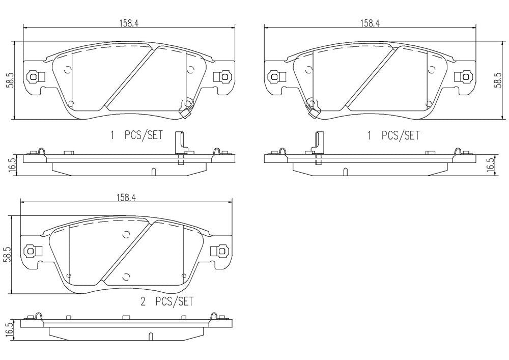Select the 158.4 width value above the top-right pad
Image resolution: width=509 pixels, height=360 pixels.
coord(370,22)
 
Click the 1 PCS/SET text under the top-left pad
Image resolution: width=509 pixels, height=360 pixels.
coord(136,135)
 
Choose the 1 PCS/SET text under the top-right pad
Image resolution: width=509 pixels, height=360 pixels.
coord(393,135)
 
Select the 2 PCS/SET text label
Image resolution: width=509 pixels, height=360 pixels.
coord(167,302)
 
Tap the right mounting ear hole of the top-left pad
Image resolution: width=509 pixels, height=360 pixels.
coord(222,77)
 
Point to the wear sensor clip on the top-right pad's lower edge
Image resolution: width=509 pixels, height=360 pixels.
coord(312,110)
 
